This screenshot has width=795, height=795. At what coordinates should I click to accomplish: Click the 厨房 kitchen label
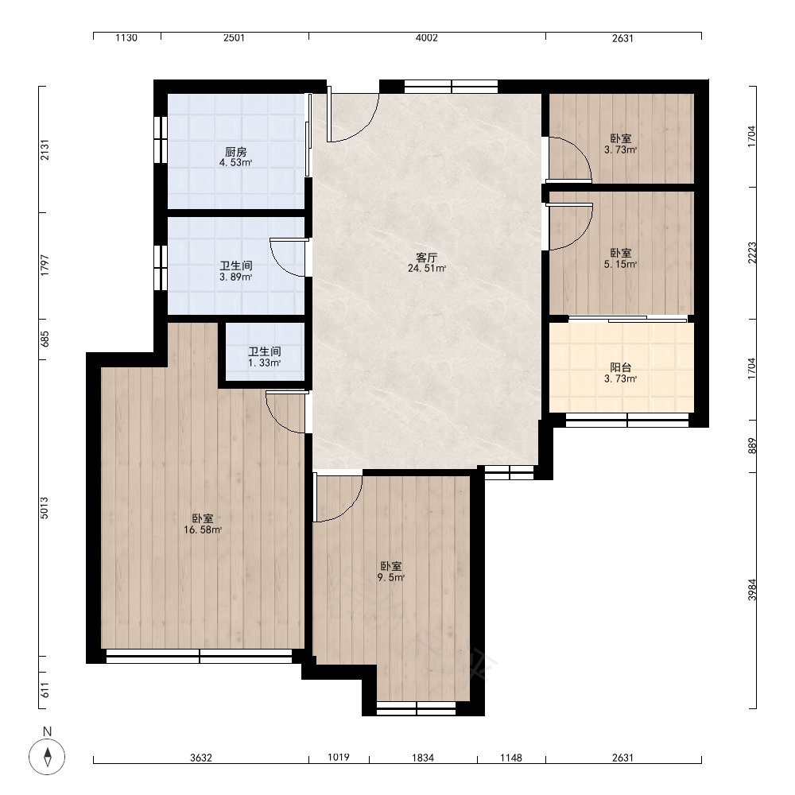tap(236, 152)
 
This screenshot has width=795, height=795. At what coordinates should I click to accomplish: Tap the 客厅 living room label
tap(426, 257)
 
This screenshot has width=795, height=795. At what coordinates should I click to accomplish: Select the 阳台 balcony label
tap(621, 367)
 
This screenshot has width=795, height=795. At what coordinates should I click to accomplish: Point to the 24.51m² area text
tap(427, 268)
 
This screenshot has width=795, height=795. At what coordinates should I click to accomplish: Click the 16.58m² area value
tap(203, 529)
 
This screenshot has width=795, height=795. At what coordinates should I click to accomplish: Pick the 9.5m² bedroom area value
tap(391, 577)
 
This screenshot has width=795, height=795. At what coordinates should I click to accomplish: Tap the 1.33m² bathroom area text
tap(265, 363)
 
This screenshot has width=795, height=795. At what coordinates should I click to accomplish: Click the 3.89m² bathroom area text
tap(236, 277)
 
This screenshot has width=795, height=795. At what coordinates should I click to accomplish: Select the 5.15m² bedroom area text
tap(621, 264)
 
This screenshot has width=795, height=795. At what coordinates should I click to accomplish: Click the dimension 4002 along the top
tap(426, 37)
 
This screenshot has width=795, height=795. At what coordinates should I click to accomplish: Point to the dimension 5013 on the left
tap(45, 507)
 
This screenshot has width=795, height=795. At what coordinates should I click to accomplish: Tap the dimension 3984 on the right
tap(752, 590)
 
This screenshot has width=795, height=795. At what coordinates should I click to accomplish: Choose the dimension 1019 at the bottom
tap(338, 757)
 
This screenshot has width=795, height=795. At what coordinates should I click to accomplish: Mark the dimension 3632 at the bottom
tap(201, 758)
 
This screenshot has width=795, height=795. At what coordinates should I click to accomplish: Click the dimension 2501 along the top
tap(235, 37)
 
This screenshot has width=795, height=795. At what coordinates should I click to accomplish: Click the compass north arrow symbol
tap(47, 757)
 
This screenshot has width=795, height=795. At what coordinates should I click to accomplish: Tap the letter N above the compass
tap(47, 731)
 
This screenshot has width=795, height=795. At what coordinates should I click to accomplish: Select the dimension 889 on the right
tap(752, 446)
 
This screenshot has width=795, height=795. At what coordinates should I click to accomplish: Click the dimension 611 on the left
tap(45, 690)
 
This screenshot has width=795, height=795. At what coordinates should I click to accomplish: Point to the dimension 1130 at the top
tap(126, 37)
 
